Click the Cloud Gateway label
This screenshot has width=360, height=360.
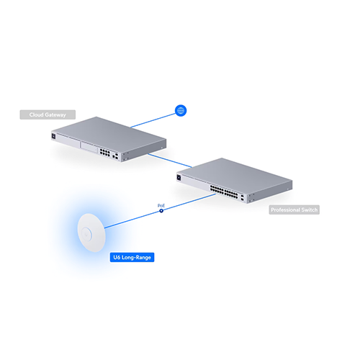tap(48, 114)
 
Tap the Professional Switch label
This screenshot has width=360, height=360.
tap(294, 210)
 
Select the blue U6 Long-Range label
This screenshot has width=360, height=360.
tap(132, 257)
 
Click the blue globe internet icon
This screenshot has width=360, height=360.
tap(181, 110)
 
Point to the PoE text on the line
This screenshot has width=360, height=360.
tap(161, 206)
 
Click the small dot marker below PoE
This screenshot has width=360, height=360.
tap(161, 211)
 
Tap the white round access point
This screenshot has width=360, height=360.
tap(91, 233)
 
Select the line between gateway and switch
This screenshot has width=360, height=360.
tap(170, 161)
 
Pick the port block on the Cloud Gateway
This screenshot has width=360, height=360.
tap(105, 153)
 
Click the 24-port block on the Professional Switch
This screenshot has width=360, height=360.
tap(224, 192)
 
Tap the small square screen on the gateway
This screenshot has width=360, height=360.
tap(53, 136)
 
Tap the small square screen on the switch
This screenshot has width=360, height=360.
tap(179, 177)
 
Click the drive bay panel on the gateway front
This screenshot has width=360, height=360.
tap(89, 147)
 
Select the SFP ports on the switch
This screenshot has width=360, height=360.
tap(243, 198)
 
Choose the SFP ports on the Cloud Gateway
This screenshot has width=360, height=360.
tap(115, 156)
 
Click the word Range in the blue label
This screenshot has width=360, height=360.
tap(143, 258)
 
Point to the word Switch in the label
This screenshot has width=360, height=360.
tap(310, 210)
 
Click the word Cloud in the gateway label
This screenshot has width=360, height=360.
tap(37, 114)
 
